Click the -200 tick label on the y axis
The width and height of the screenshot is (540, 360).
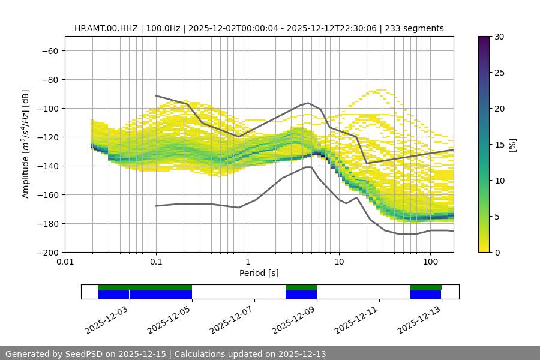pyautogui.click(x=47, y=252)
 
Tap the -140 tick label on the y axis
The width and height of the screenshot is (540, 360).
pyautogui.click(x=47, y=166)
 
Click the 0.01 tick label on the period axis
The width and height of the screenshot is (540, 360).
pyautogui.click(x=65, y=262)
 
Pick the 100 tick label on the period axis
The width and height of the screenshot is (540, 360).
pyautogui.click(x=430, y=262)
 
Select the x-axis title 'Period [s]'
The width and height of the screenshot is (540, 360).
pyautogui.click(x=259, y=273)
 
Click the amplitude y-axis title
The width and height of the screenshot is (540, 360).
pyautogui.click(x=25, y=144)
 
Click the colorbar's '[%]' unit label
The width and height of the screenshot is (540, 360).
pyautogui.click(x=512, y=145)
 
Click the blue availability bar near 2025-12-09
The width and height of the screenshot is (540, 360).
pyautogui.click(x=301, y=295)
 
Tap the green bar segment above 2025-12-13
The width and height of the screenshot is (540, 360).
pyautogui.click(x=426, y=287)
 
